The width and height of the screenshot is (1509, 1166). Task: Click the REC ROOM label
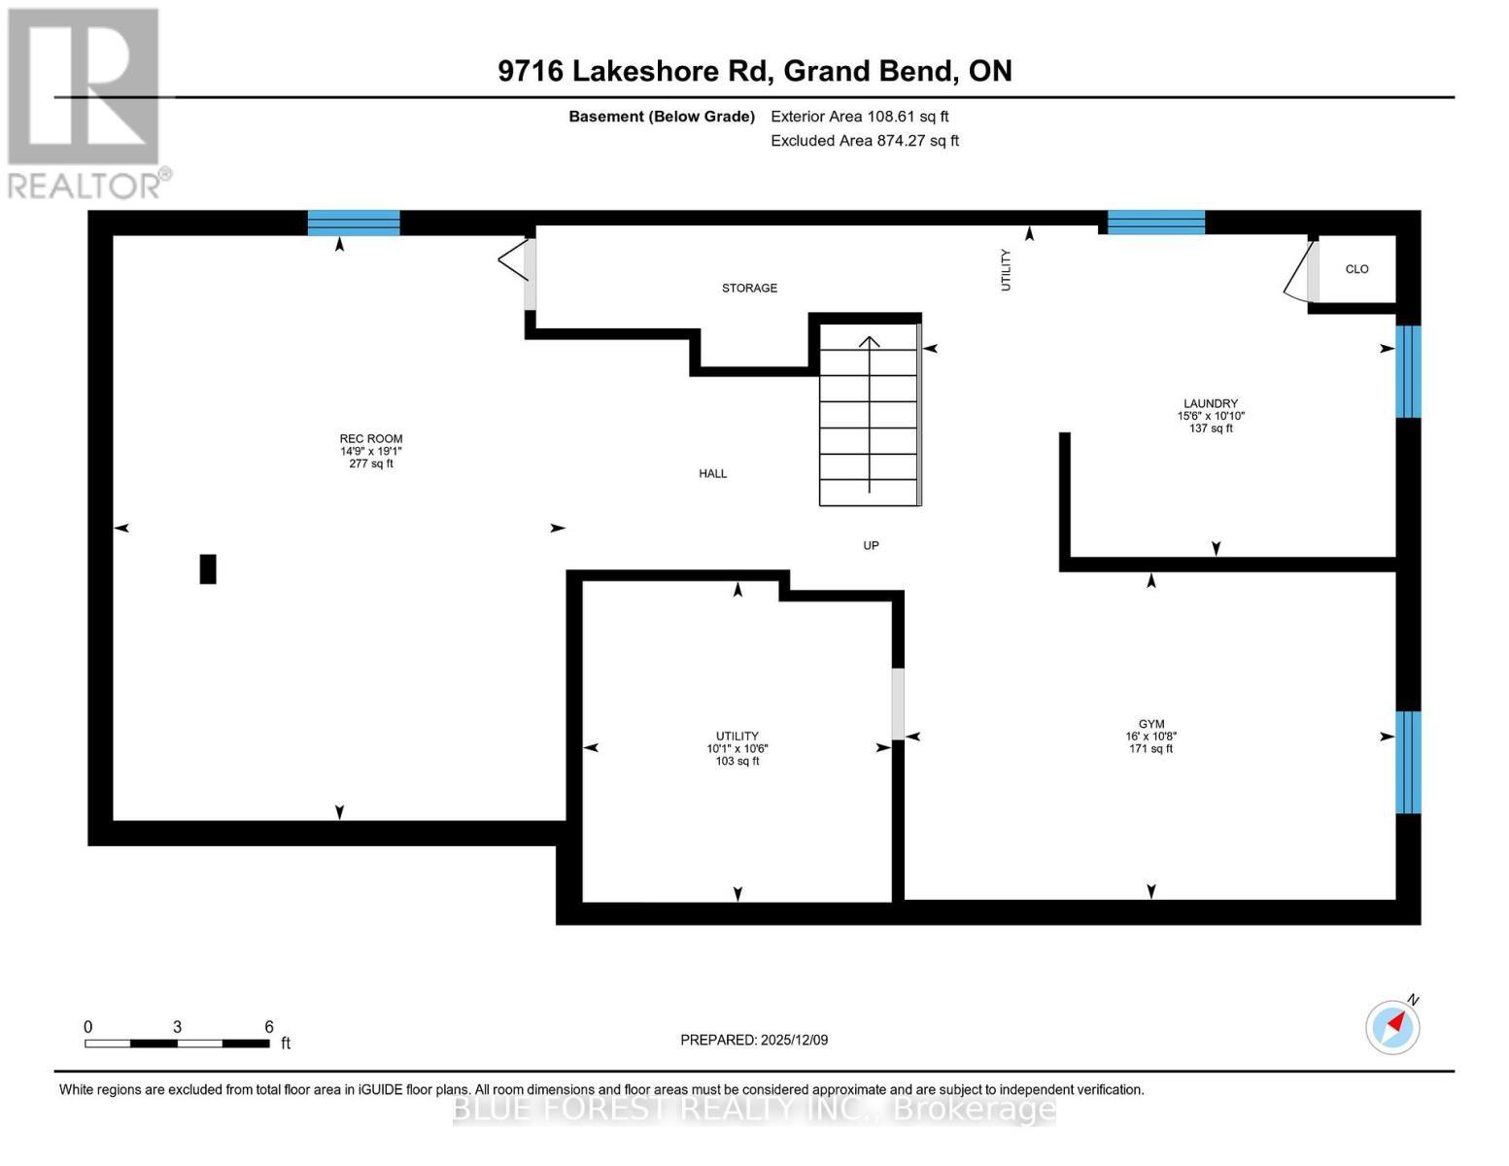[370, 439]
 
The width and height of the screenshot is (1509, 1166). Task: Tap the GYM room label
[1150, 724]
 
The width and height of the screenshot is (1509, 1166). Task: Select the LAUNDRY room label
[1210, 403]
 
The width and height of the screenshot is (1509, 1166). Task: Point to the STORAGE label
[749, 289]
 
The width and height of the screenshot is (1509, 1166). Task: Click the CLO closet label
[1356, 269]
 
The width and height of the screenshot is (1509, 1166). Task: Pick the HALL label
[712, 474]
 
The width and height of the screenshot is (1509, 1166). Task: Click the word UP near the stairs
[871, 546]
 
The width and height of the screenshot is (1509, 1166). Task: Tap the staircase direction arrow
[869, 413]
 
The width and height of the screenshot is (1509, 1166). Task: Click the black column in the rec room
[208, 568]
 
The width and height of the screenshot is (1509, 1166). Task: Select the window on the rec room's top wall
[354, 223]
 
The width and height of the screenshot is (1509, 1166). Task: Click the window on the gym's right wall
[1408, 762]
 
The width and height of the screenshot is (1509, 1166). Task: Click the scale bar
[177, 1044]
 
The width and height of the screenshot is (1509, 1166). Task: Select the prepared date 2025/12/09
[754, 1040]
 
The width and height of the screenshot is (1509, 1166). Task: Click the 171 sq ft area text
[1150, 749]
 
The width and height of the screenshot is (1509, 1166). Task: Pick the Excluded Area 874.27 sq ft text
[864, 141]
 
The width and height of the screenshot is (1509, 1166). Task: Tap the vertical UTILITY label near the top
[1006, 269]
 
